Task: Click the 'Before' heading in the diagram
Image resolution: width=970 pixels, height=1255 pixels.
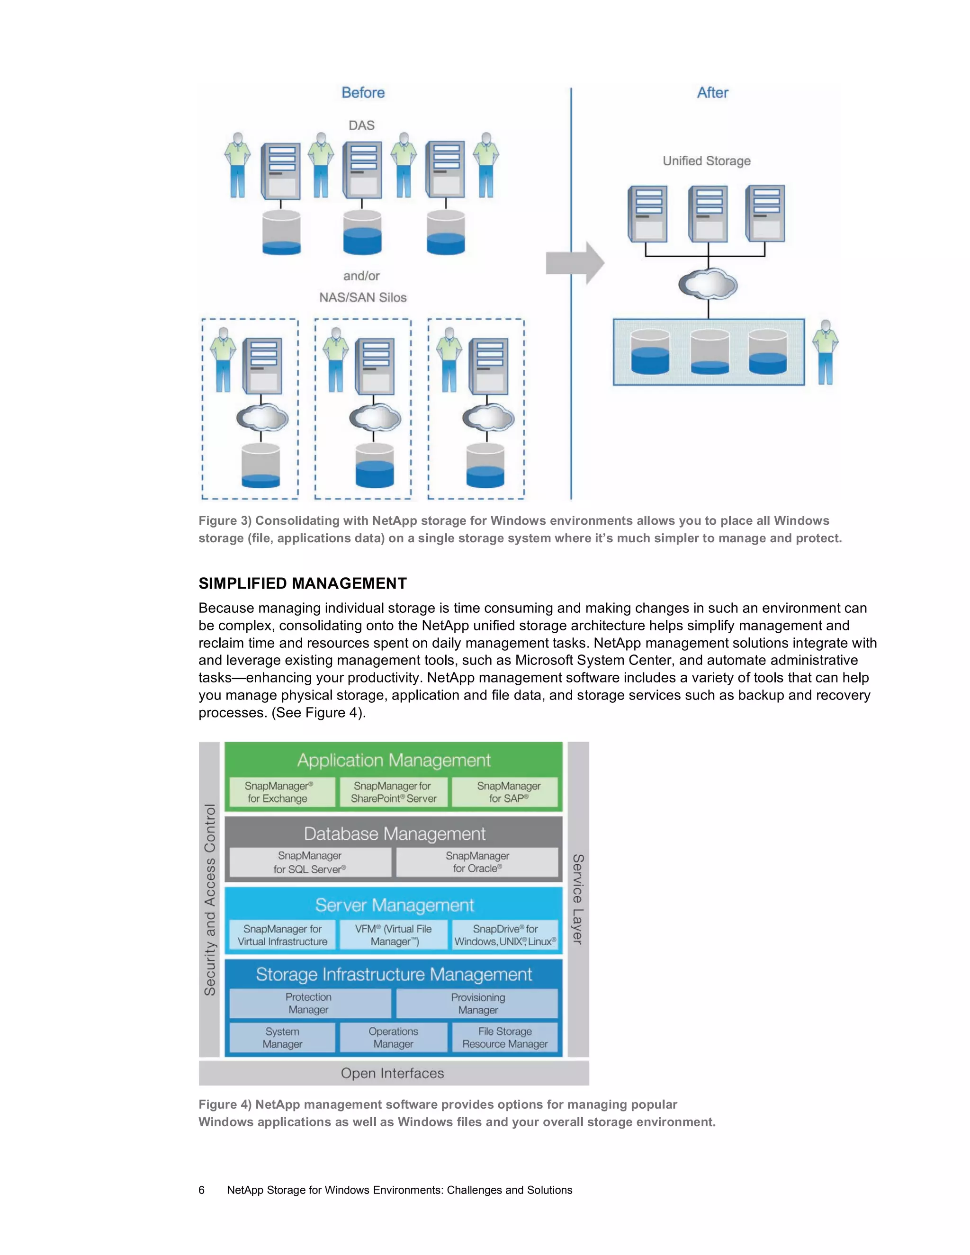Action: (x=363, y=92)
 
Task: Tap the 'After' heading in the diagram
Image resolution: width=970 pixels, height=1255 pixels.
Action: (x=712, y=92)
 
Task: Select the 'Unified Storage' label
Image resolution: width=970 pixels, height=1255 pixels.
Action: (x=706, y=161)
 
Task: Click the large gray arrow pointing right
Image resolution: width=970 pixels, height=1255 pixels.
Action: (x=574, y=263)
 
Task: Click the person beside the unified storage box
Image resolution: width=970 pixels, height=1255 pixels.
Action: (x=825, y=352)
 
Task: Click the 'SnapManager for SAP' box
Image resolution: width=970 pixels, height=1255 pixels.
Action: (x=508, y=792)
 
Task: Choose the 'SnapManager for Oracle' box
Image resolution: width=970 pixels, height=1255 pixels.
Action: (x=477, y=862)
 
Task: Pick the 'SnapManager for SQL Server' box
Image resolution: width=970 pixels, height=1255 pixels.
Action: (x=310, y=862)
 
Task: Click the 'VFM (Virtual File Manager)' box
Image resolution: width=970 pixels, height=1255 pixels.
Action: (x=394, y=935)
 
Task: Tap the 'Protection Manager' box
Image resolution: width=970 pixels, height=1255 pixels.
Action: (x=309, y=1004)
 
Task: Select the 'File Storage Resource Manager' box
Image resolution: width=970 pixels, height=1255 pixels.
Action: (x=504, y=1038)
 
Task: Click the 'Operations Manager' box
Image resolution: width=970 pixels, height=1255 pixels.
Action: (x=394, y=1038)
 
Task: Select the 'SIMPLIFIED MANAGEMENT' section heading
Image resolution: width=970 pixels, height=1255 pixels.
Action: (x=302, y=583)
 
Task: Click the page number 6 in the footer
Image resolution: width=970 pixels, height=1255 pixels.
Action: (x=201, y=1190)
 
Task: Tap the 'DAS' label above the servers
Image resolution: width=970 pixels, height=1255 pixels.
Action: (x=361, y=125)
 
